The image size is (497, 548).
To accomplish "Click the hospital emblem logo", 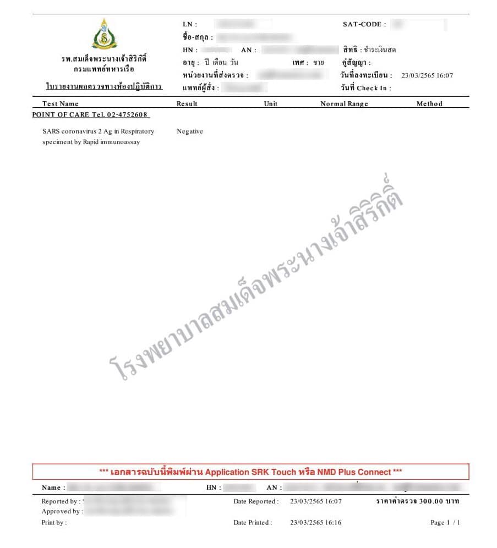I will (104, 34).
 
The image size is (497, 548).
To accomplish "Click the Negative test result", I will (190, 131).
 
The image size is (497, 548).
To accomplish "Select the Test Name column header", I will (61, 103).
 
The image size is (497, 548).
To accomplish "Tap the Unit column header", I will (271, 103).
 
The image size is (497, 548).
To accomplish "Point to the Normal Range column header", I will (345, 103).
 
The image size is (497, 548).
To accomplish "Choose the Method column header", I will (429, 103).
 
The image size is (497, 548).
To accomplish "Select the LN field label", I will (189, 24).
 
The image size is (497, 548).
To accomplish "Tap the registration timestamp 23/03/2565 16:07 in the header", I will (427, 75).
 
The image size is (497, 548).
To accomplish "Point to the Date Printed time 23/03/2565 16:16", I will (315, 523).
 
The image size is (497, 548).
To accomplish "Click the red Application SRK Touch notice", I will (250, 472).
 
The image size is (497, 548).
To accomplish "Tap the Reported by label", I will (60, 501).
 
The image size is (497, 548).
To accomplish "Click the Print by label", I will (54, 523).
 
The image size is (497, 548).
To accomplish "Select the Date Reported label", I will (256, 501).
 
